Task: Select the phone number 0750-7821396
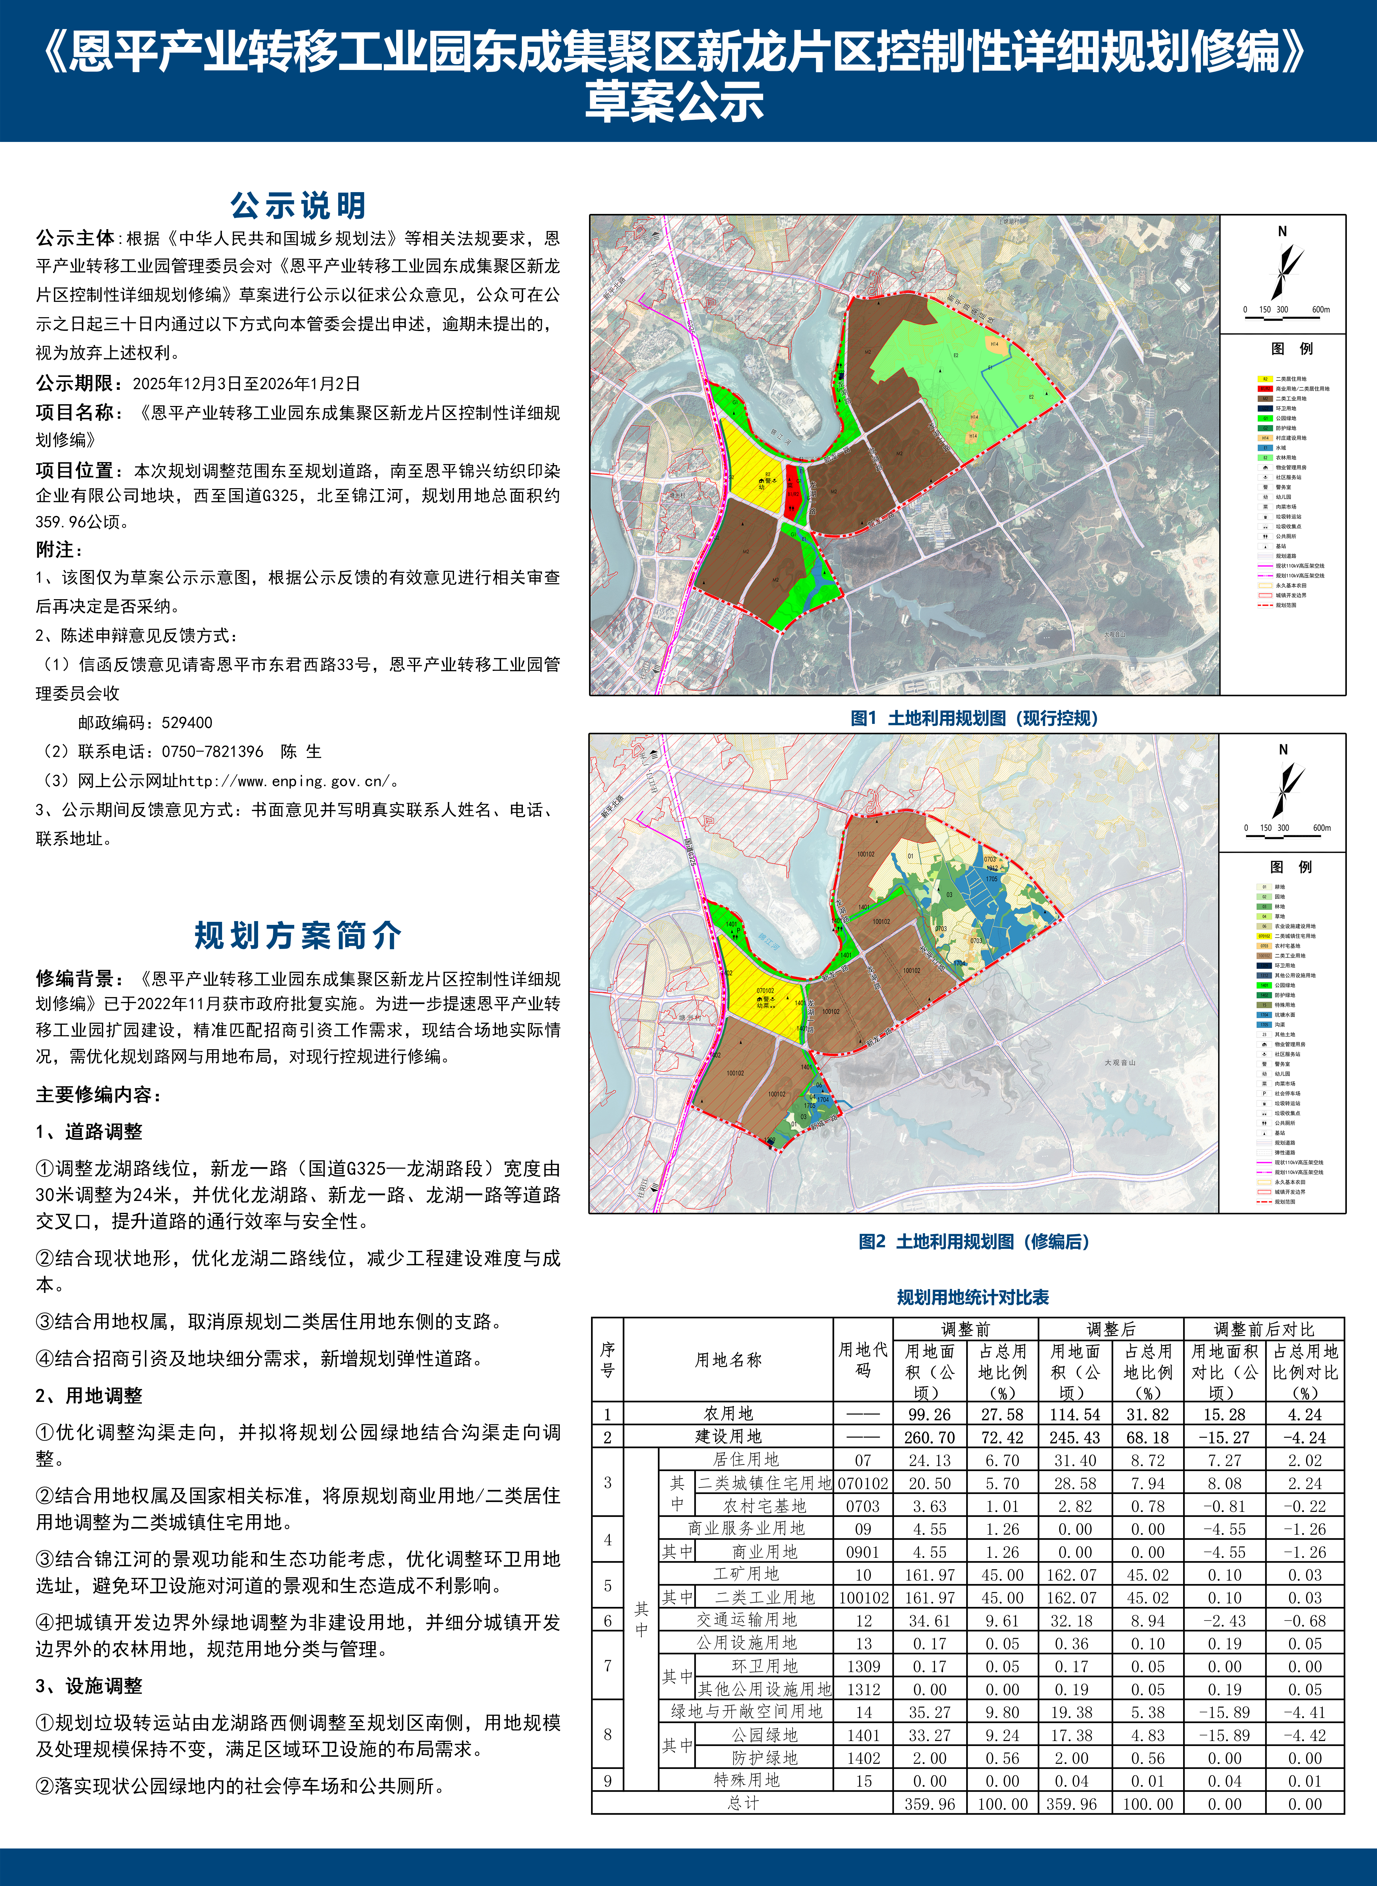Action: tap(213, 752)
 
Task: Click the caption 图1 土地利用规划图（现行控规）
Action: tap(974, 718)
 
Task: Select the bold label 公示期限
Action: tap(74, 383)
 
